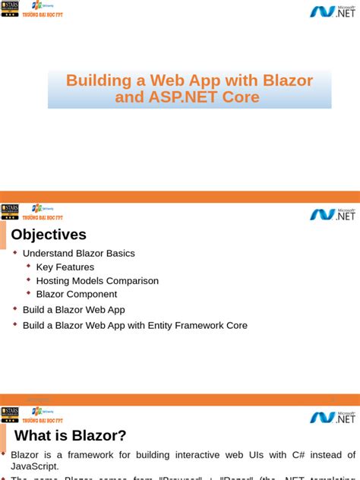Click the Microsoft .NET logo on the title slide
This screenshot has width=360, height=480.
332,11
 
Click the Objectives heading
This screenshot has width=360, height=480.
49,235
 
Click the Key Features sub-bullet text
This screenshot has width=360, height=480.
65,267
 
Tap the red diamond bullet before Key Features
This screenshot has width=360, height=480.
29,266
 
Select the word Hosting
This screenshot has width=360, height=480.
53,281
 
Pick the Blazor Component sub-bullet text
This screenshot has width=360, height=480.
77,294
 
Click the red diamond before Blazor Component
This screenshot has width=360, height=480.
29,292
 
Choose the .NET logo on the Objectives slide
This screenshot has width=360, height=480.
332,214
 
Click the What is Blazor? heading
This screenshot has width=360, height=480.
71,435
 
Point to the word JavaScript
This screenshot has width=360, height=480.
35,466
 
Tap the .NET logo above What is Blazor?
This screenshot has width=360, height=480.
332,417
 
